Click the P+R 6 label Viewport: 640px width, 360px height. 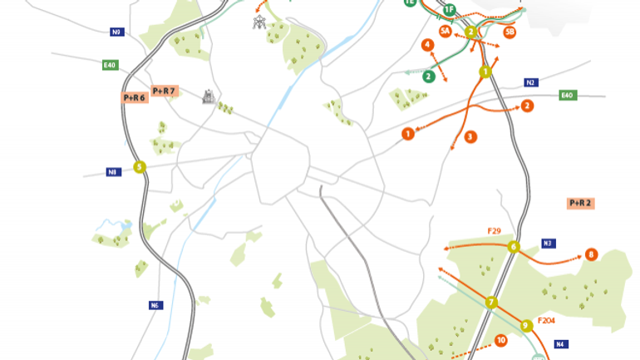point(135,97)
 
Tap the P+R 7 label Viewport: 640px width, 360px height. point(164,90)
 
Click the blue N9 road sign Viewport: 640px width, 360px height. point(116,32)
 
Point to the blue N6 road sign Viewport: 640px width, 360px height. point(155,305)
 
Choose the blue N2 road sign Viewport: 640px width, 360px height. point(530,82)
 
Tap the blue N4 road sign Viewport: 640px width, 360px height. point(561,343)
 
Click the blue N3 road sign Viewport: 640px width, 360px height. point(548,244)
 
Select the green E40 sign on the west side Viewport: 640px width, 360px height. point(111,65)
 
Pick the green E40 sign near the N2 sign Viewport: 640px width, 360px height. point(568,96)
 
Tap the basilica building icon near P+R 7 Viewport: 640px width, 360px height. point(209,98)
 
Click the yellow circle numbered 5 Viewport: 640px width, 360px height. point(140,167)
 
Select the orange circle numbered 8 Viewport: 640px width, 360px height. point(591,254)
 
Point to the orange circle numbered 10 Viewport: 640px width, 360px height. point(500,340)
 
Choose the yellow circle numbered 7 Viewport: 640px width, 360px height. point(491,302)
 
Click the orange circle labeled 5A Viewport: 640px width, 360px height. point(446,31)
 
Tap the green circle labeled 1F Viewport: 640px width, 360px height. point(449,10)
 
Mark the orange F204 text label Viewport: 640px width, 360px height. point(546,320)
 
